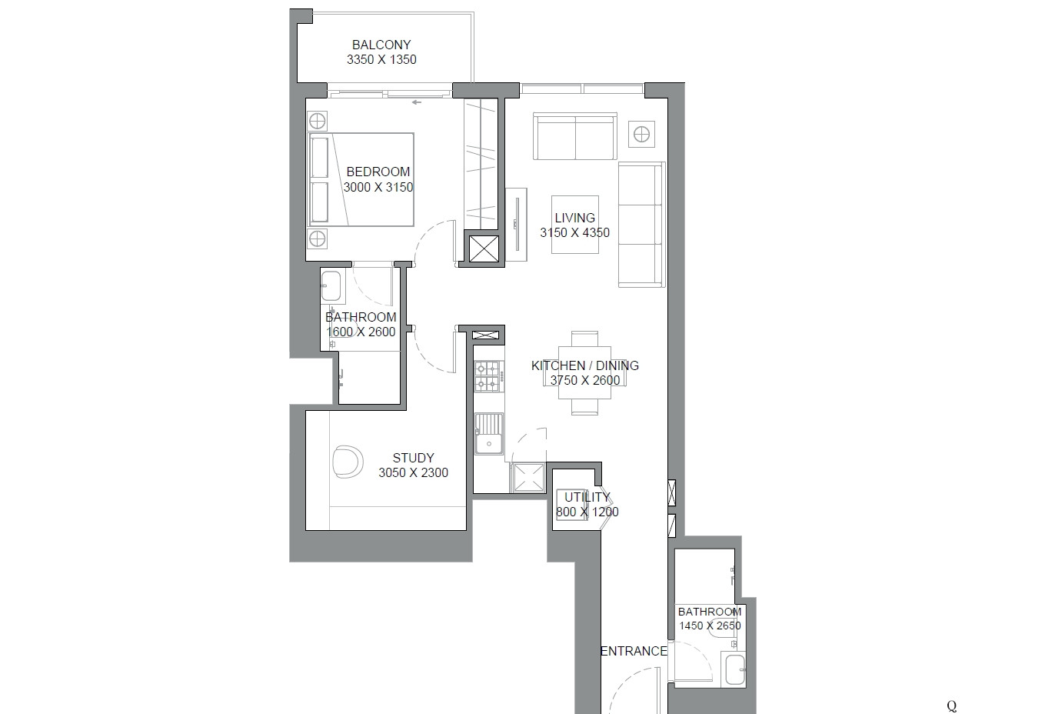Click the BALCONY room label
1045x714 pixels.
(x=381, y=45)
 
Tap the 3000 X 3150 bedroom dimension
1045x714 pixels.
(x=378, y=187)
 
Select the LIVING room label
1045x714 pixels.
(x=574, y=218)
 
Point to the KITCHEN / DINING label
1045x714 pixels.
(x=584, y=365)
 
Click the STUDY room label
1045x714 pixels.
(x=413, y=458)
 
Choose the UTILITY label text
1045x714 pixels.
(x=587, y=497)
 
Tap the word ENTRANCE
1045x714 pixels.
(x=634, y=651)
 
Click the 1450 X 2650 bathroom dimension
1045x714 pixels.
(x=709, y=626)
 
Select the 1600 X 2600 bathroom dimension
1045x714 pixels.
(x=361, y=332)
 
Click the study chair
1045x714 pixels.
(x=348, y=462)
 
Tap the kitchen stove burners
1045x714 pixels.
(x=488, y=375)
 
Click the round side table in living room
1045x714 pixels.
(x=640, y=135)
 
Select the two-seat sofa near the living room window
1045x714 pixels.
(x=575, y=136)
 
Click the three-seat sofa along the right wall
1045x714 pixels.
(x=641, y=225)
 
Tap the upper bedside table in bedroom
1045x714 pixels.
(x=318, y=122)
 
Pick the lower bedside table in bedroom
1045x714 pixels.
(x=318, y=238)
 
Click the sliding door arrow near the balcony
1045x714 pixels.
(x=417, y=102)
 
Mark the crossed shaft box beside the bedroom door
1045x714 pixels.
(x=484, y=249)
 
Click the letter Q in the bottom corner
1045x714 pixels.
(x=952, y=706)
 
